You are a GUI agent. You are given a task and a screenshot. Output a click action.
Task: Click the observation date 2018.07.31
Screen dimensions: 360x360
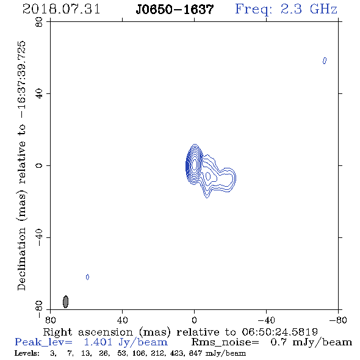click(61, 10)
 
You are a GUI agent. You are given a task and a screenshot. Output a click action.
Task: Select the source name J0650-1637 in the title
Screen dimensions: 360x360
click(175, 10)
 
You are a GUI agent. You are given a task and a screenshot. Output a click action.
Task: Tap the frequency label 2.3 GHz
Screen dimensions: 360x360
click(309, 9)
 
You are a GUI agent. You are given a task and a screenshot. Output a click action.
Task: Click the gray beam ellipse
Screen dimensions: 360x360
click(66, 301)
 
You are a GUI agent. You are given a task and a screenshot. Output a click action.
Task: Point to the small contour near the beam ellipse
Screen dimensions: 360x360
click(87, 277)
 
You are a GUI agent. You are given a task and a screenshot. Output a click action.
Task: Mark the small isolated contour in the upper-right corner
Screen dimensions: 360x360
click(325, 60)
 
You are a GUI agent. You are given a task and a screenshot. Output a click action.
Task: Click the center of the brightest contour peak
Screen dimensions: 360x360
click(195, 164)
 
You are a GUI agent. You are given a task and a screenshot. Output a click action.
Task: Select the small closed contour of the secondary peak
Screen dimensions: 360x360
click(208, 176)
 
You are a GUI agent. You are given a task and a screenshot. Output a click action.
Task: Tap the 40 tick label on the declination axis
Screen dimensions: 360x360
click(39, 93)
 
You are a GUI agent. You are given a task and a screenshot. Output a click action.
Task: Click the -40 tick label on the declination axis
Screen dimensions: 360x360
click(39, 237)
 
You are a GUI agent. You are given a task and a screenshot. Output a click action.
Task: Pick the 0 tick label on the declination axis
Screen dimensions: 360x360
click(39, 165)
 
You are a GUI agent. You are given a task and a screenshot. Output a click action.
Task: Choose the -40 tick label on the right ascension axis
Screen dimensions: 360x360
click(266, 320)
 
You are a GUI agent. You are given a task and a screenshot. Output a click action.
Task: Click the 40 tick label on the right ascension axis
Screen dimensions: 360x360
click(122, 320)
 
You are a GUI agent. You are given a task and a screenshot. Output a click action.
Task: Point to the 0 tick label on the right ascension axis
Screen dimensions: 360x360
click(194, 320)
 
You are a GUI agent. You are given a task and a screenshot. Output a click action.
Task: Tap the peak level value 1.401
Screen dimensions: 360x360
click(98, 342)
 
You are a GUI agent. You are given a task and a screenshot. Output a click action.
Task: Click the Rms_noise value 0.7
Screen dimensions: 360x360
click(278, 342)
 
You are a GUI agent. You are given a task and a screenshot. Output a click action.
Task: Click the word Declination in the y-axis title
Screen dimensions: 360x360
click(21, 259)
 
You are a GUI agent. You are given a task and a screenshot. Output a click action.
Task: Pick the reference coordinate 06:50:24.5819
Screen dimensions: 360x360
click(279, 332)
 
